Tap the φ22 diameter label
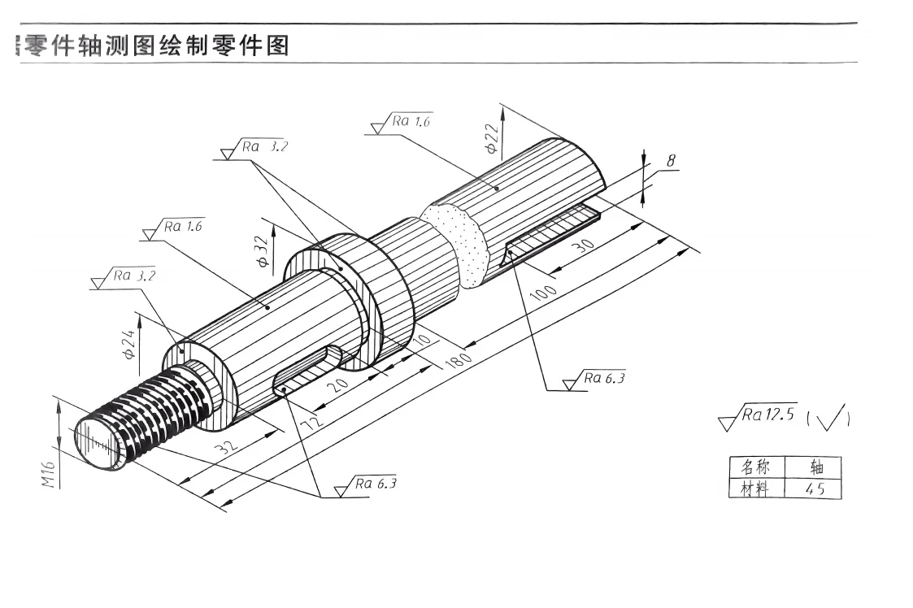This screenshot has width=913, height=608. click(x=491, y=138)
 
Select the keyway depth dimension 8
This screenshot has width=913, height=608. click(x=671, y=161)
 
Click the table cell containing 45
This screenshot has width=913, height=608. click(x=814, y=489)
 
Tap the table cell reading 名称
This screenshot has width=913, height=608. click(x=756, y=467)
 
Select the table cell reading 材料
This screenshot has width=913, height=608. click(x=756, y=489)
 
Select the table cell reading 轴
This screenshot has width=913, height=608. click(x=814, y=467)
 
